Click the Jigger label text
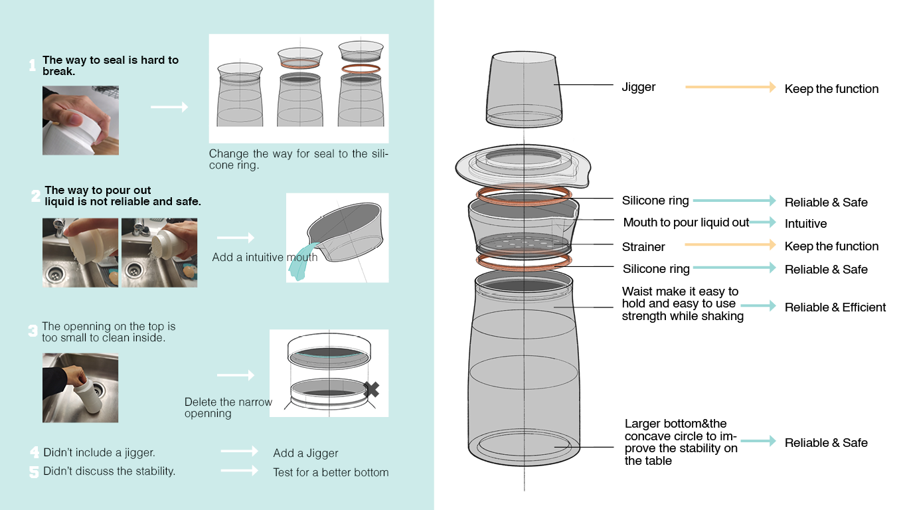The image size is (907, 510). pos(638,87)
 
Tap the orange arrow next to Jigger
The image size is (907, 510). pos(730,87)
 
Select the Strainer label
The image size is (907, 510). pos(643,247)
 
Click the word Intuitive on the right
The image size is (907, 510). pos(805,224)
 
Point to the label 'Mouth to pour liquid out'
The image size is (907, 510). pos(686,222)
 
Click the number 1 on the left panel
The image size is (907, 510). pos(33,65)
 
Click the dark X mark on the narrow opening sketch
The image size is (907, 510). pos(371,389)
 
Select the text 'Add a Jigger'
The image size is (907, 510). pos(305,453)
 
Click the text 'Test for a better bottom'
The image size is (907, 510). pos(331,473)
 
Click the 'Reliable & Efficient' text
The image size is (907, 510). pos(835,307)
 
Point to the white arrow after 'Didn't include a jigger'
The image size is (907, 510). pos(239,452)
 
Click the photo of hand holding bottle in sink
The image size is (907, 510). pos(80,388)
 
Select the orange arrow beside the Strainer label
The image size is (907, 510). pos(730,245)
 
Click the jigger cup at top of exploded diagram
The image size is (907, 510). pos(525,90)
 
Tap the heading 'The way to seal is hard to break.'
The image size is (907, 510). pos(110,65)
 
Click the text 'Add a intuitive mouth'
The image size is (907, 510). pos(265,257)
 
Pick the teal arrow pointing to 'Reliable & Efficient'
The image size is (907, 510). pos(758,306)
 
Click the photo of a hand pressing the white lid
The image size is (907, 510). pos(80,120)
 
